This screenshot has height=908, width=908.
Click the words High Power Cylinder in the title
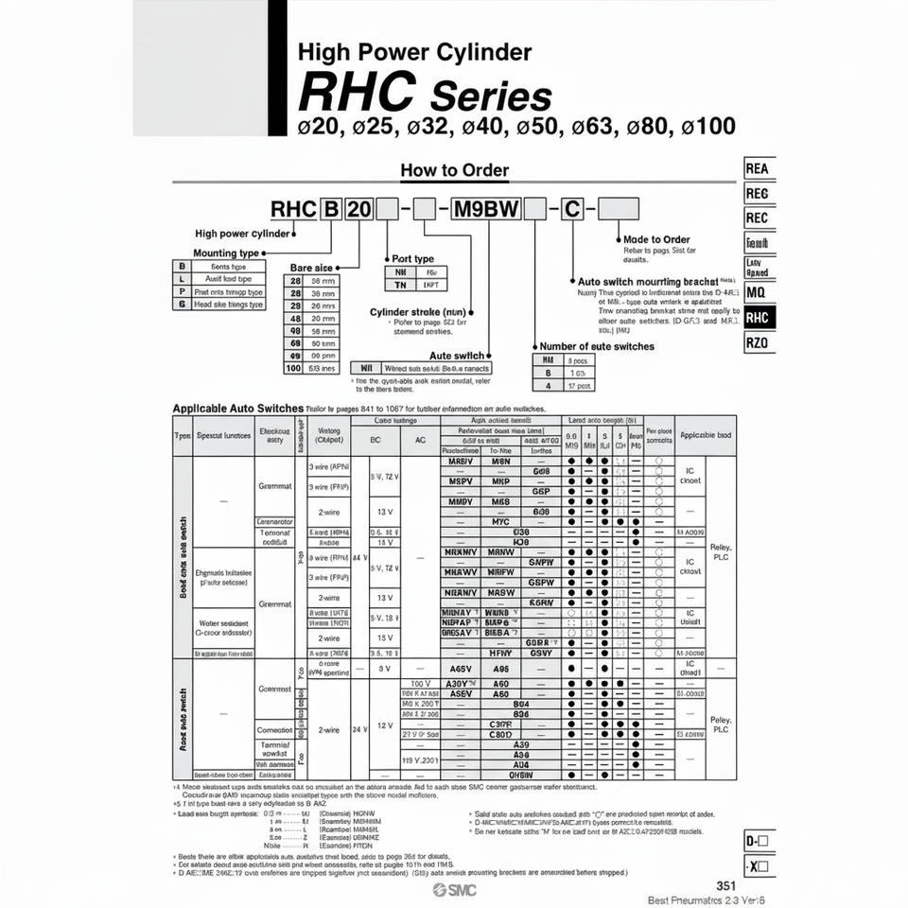click(x=414, y=52)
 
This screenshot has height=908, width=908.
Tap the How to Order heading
click(x=455, y=171)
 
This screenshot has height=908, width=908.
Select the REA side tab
click(x=758, y=168)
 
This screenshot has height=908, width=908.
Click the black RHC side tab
click(x=758, y=318)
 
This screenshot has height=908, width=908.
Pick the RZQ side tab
click(x=758, y=343)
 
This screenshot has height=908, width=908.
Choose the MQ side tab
click(x=757, y=292)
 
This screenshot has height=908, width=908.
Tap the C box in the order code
click(x=572, y=209)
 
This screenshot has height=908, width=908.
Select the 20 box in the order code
click(x=359, y=209)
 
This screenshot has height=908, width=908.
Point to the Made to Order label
click(x=657, y=240)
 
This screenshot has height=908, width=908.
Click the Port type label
click(x=412, y=258)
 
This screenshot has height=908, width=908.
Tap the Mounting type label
click(x=226, y=253)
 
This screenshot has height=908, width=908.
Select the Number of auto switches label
click(x=596, y=346)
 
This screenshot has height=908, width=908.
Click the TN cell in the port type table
click(x=399, y=285)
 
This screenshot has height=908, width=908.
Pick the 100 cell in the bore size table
click(x=293, y=368)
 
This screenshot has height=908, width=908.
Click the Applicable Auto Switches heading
click(x=237, y=408)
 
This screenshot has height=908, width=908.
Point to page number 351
click(x=725, y=885)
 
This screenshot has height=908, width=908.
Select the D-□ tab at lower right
click(x=758, y=841)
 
